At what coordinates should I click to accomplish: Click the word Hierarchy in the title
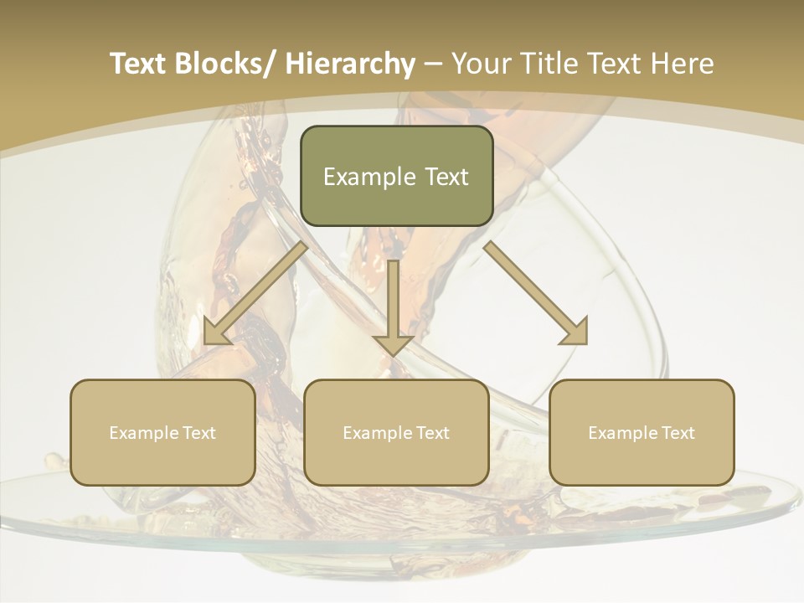click(x=350, y=64)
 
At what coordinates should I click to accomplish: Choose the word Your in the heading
click(x=481, y=64)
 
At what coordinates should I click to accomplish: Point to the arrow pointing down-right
click(x=537, y=294)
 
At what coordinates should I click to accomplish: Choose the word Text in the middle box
click(x=432, y=433)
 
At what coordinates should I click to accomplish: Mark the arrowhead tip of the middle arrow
click(x=394, y=354)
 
